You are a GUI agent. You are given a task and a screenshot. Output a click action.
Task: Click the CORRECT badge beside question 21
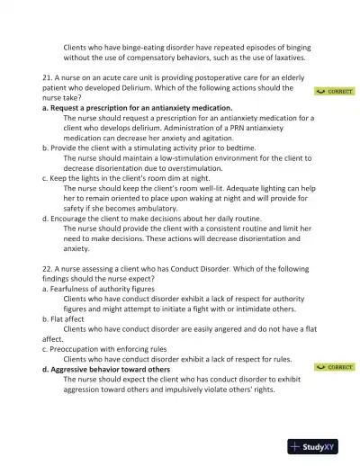[x=334, y=92]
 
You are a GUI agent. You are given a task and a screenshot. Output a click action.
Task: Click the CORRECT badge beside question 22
[x=334, y=367]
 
